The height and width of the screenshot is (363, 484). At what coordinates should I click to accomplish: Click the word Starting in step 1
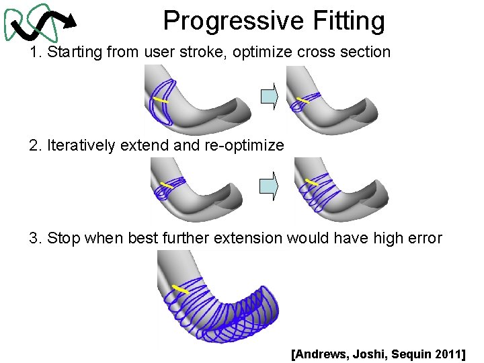[x=75, y=52]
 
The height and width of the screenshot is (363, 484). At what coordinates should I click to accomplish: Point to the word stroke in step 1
[x=206, y=52]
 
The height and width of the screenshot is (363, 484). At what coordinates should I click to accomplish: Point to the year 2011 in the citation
[x=446, y=353]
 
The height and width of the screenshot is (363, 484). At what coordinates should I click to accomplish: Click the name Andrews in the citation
[x=322, y=353]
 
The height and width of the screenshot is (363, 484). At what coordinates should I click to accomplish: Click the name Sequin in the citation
[x=410, y=353]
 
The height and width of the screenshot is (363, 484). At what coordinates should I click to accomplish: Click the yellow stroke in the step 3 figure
[x=179, y=289]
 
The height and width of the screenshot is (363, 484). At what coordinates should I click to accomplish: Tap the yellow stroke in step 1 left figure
[x=161, y=100]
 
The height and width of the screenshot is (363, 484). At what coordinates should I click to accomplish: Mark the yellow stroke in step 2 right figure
[x=311, y=182]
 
